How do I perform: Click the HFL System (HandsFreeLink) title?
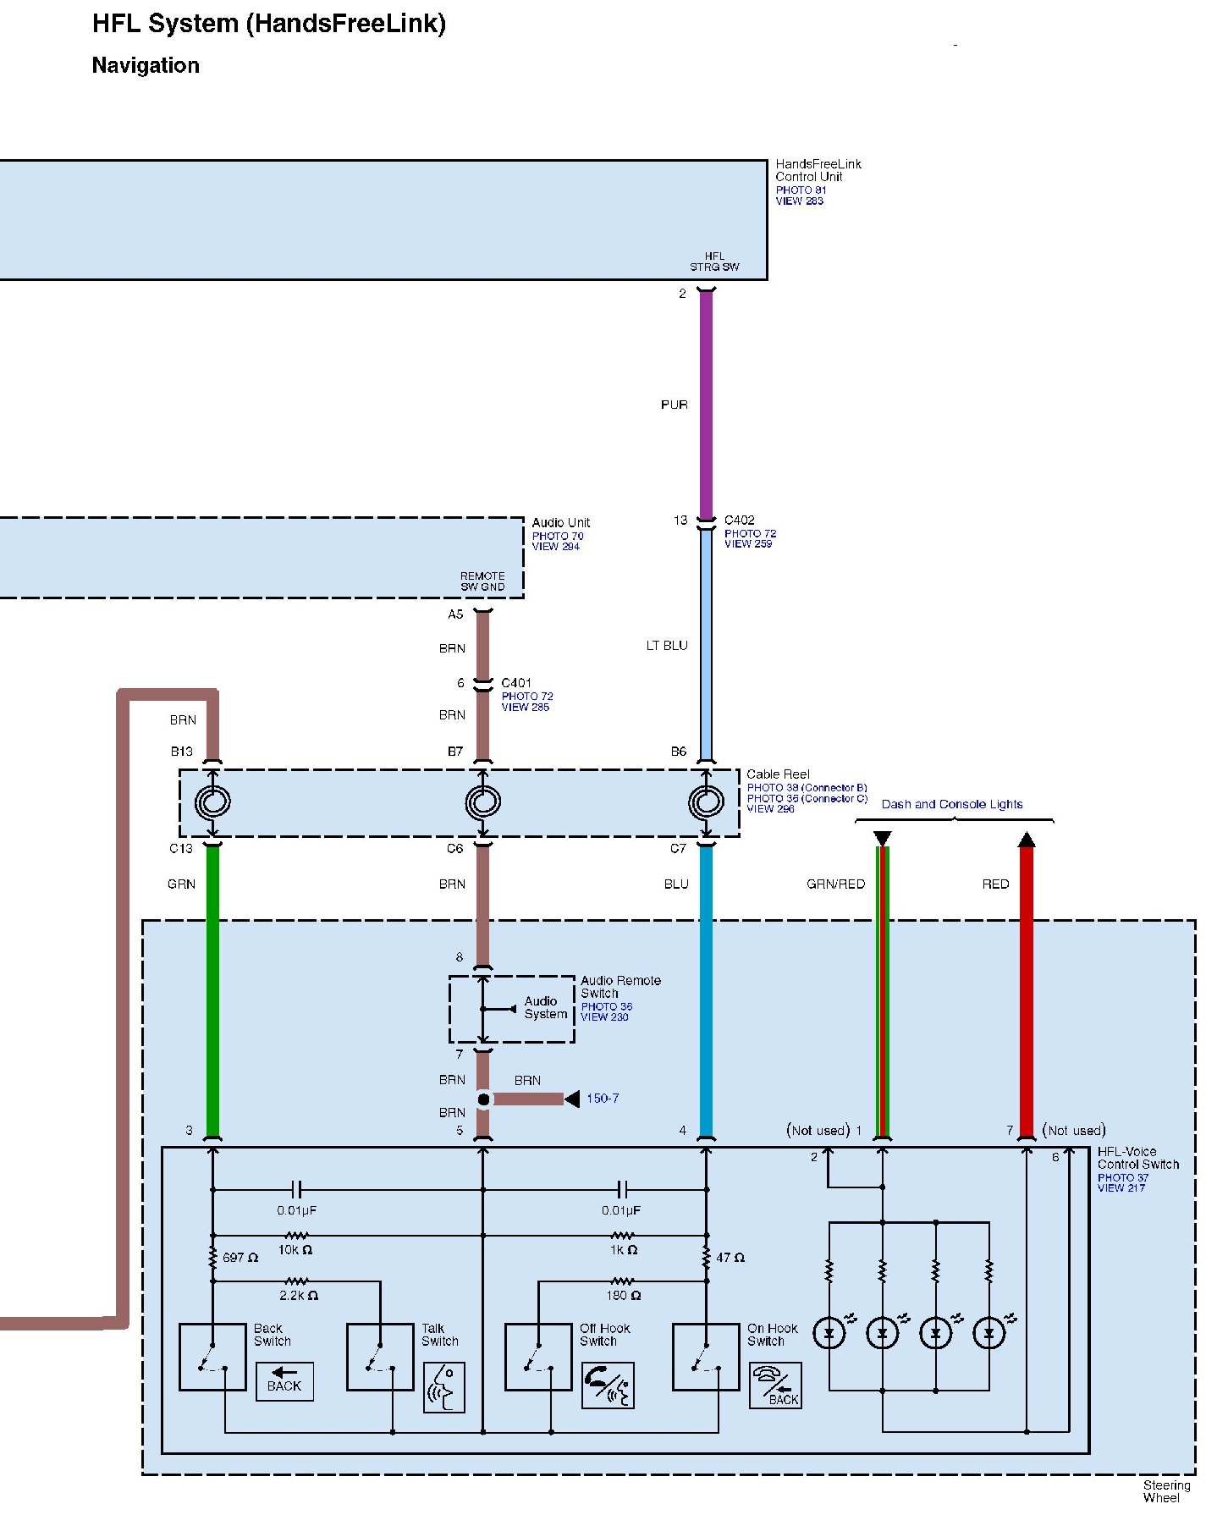[x=268, y=24]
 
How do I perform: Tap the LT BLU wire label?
[x=667, y=646]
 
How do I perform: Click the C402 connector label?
[x=739, y=521]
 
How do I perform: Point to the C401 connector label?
[x=516, y=683]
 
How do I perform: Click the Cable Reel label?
[x=778, y=774]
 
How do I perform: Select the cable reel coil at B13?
[x=212, y=802]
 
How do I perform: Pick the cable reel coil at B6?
[x=706, y=802]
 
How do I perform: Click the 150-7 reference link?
[x=603, y=1099]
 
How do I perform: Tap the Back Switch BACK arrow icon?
[x=284, y=1381]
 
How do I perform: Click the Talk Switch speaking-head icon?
[x=443, y=1387]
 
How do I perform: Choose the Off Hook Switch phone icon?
[x=608, y=1386]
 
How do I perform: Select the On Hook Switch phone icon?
[x=775, y=1386]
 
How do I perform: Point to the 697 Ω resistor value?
[x=240, y=1258]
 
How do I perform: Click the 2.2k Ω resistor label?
[x=298, y=1296]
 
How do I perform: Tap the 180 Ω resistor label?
[x=624, y=1296]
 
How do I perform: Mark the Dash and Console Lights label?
[x=952, y=805]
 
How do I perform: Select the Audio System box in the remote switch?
[x=545, y=1008]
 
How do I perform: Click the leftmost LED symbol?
[x=829, y=1334]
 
